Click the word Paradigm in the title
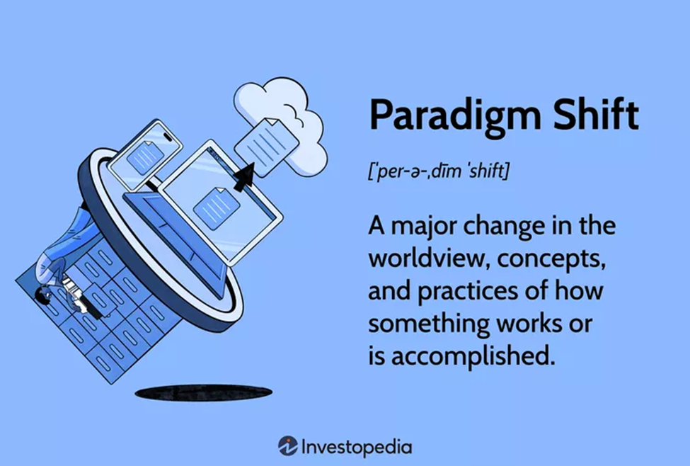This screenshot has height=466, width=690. (454, 116)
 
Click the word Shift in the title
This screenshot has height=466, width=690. (596, 114)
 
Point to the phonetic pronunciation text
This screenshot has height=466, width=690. (438, 171)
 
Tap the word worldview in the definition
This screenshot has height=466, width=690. (429, 258)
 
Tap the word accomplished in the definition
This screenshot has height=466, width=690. (473, 356)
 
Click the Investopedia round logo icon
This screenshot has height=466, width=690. (288, 446)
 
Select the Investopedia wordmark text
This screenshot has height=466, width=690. (357, 447)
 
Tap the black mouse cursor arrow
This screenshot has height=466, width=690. (245, 177)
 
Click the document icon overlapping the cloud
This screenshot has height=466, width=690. (266, 147)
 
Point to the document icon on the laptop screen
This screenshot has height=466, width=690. (217, 208)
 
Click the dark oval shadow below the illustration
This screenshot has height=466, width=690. (203, 392)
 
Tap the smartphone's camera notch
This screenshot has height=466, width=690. (168, 137)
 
